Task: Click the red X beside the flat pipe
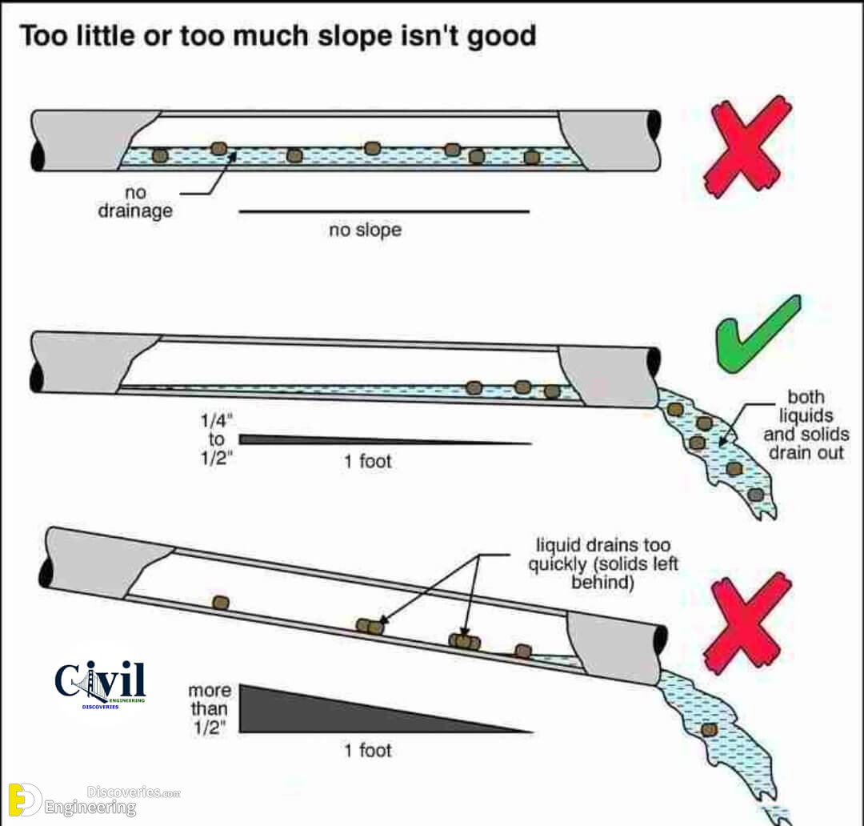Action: tap(747, 146)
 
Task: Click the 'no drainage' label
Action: tap(135, 202)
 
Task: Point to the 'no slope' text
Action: tap(365, 230)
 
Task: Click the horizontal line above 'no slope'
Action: tap(384, 211)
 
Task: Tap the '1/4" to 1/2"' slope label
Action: tap(217, 439)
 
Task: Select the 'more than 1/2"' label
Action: tap(210, 708)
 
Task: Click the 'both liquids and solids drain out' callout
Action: tap(806, 424)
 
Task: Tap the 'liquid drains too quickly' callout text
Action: tap(603, 563)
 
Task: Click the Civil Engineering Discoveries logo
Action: tap(100, 684)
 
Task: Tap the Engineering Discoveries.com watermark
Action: tap(94, 800)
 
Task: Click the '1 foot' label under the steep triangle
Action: tap(367, 751)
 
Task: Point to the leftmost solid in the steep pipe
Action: tap(221, 603)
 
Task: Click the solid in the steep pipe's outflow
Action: tap(709, 730)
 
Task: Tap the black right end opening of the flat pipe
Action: tap(654, 126)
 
